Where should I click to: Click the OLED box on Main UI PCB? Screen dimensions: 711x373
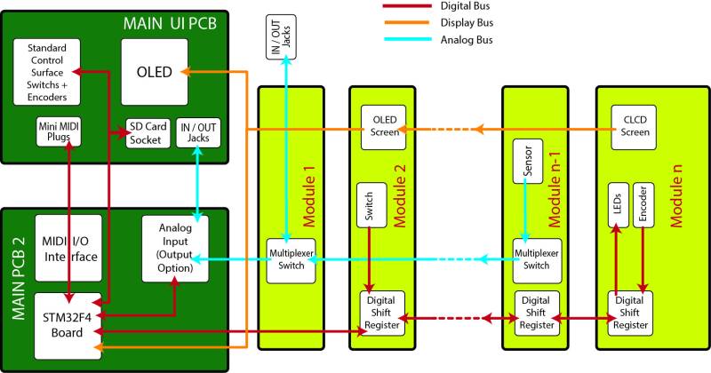tap(155, 72)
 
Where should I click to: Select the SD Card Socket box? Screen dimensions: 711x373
tap(148, 133)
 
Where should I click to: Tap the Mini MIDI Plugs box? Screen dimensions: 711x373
tap(59, 132)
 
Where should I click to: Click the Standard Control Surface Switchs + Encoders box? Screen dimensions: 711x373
tap(47, 72)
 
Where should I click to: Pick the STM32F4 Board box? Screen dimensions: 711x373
tap(68, 326)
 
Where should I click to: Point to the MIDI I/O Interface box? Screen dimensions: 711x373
tap(68, 248)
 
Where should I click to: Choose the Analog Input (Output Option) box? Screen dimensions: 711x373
tap(175, 249)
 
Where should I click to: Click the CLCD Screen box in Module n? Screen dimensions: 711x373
tap(634, 127)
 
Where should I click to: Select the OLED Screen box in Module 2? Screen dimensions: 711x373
tap(383, 127)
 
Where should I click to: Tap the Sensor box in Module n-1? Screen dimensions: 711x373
tap(528, 162)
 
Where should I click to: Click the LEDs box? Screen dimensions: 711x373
tap(619, 205)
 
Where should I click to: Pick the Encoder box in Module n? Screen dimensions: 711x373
tap(643, 205)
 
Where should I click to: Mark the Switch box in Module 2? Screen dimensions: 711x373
tap(371, 205)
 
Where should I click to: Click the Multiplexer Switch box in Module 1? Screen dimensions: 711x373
tap(292, 260)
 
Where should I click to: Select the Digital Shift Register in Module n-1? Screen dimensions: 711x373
tap(537, 313)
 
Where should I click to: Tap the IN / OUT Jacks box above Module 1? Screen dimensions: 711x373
tap(281, 37)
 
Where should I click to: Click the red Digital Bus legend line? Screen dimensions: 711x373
tap(407, 6)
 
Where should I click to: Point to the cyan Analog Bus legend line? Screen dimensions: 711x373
tap(408, 39)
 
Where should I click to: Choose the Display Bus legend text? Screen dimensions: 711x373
tap(467, 23)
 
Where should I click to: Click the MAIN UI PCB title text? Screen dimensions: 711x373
tap(170, 24)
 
